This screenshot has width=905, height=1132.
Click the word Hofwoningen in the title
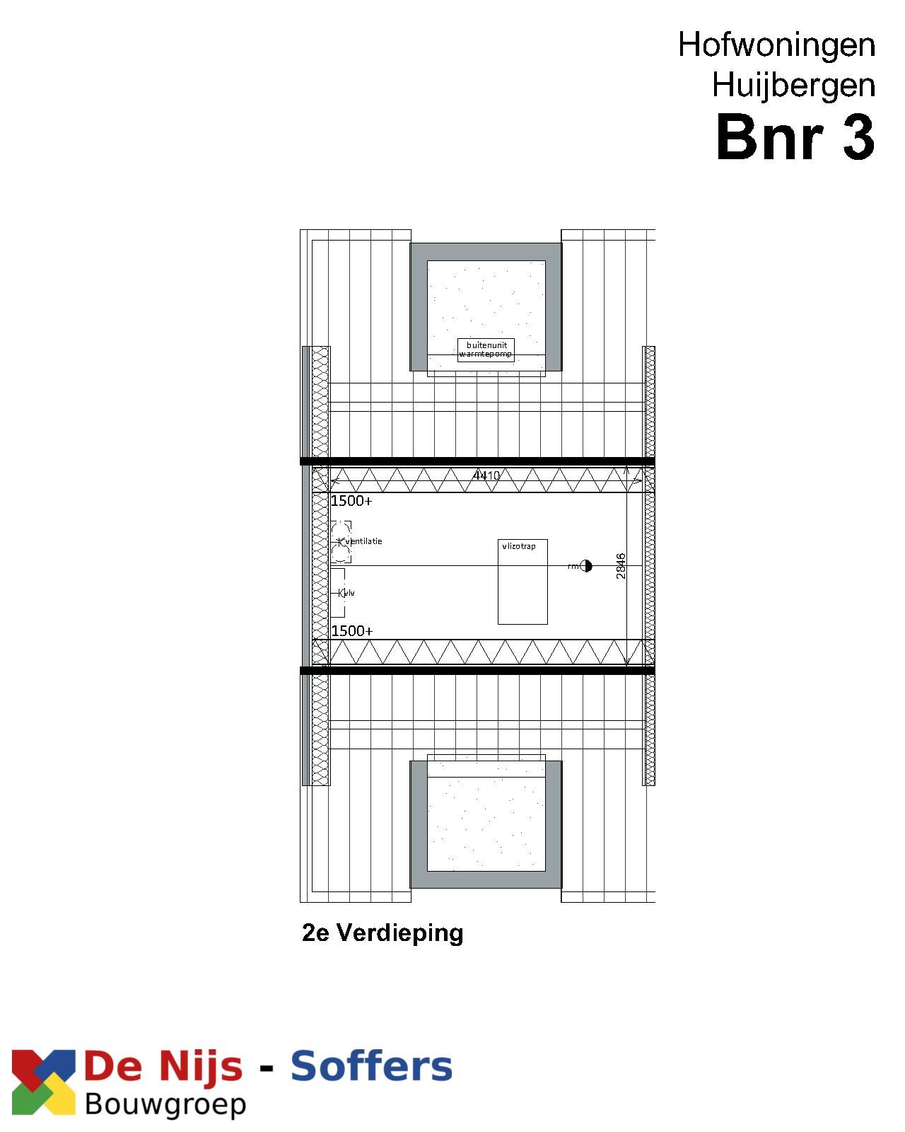point(776,45)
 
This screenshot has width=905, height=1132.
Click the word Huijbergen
point(793,86)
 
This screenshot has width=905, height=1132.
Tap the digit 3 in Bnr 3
point(858,137)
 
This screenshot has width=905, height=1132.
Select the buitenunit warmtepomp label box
point(486,350)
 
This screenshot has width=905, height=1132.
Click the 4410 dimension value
point(486,475)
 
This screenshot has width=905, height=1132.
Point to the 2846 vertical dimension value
point(621,566)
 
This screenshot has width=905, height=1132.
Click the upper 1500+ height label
point(351,501)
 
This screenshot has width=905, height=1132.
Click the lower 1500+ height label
point(352,630)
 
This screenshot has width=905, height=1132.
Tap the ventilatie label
point(363,541)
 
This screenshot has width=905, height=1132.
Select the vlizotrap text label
point(519,546)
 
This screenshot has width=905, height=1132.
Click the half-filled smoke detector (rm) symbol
point(586,566)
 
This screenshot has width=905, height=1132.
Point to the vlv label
point(349,592)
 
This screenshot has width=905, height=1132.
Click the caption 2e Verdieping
point(383,932)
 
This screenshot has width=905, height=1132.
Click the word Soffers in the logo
point(371,1067)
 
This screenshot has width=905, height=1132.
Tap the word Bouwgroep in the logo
point(165,1104)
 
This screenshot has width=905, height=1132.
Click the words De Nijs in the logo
point(163,1067)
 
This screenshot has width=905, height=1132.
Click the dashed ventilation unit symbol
point(341,542)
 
